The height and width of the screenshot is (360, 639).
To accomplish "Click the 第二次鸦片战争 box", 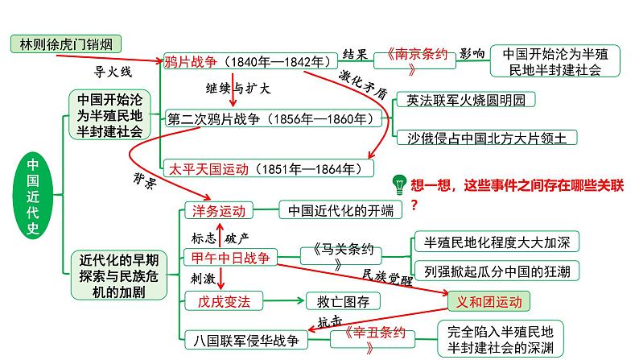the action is tap(269, 118).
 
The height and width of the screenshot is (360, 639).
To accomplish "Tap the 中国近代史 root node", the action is tap(32, 195).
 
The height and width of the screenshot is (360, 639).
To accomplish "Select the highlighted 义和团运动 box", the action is tap(489, 301).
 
